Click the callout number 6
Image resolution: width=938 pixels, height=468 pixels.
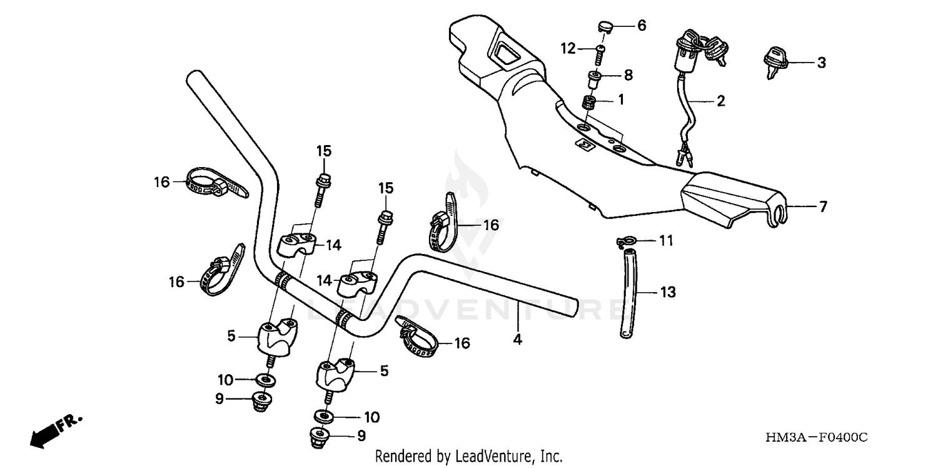point(642,26)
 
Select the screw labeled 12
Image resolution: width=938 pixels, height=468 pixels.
point(601,54)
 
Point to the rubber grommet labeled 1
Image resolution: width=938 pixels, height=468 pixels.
point(588,102)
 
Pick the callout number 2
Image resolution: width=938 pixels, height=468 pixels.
point(721,101)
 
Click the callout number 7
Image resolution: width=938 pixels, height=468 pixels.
point(822,206)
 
